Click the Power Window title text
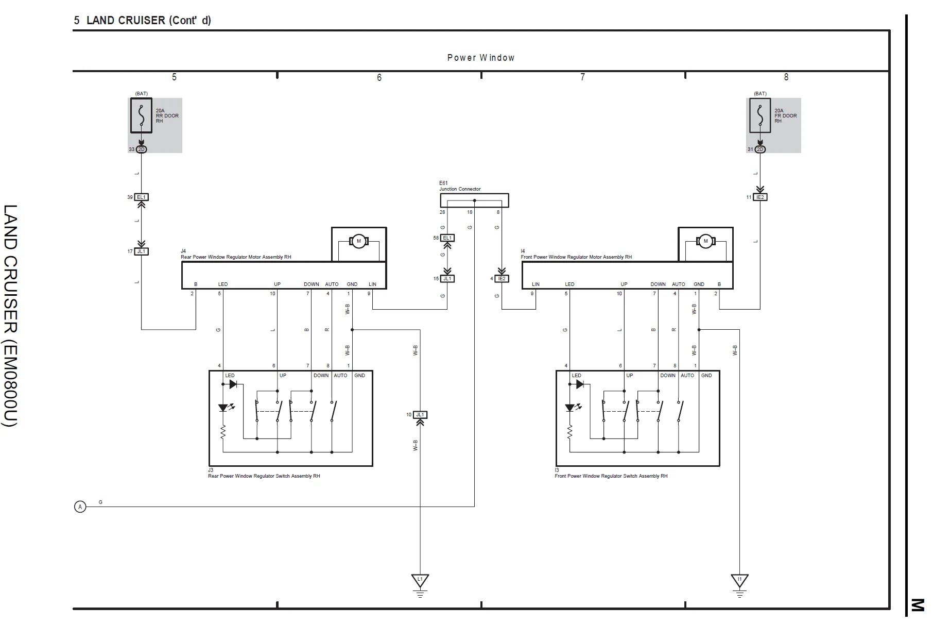point(480,58)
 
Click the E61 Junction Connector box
point(474,200)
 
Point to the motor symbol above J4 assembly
point(358,241)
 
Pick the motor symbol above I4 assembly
point(705,241)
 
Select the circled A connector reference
point(80,507)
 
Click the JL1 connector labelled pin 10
point(420,415)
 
